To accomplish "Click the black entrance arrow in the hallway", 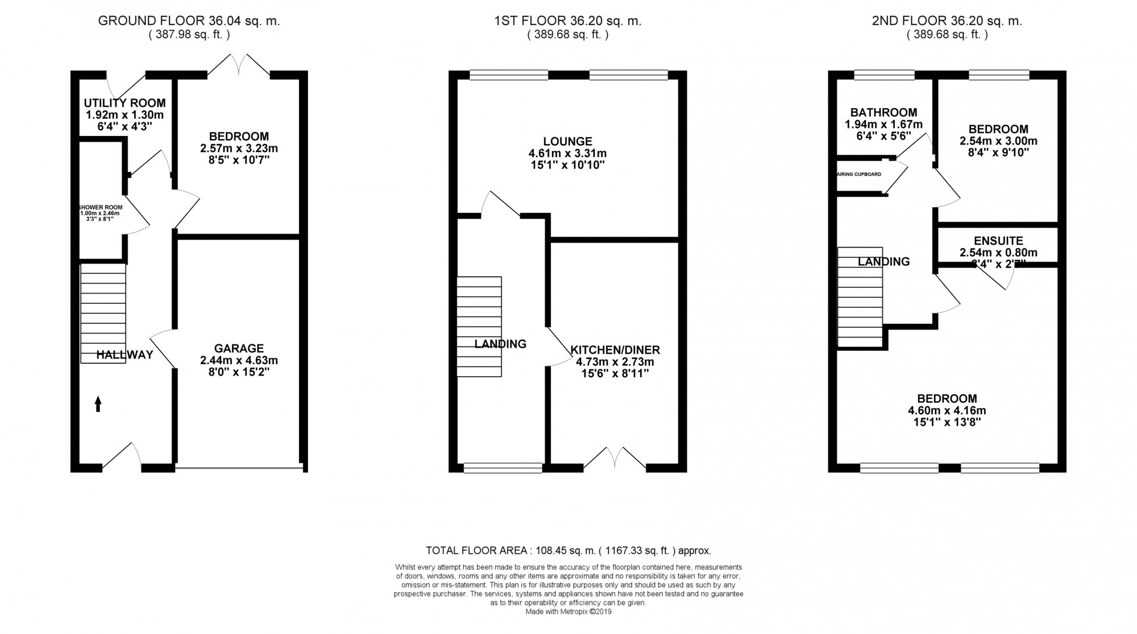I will (x=98, y=404).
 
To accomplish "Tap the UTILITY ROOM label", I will (x=125, y=103).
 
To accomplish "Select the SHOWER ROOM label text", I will (x=101, y=207).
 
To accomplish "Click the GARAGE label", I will (x=239, y=348).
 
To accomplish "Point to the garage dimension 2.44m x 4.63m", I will (x=239, y=360).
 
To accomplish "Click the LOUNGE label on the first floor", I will (x=567, y=141).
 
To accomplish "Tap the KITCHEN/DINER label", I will (x=615, y=349).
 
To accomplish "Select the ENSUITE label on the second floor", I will (x=998, y=241).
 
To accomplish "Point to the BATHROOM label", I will (x=883, y=112).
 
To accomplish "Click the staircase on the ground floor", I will (x=103, y=313).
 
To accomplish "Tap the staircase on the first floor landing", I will (x=479, y=326).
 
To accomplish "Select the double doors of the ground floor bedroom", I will (x=238, y=65).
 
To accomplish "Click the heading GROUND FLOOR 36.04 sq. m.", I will (x=189, y=21).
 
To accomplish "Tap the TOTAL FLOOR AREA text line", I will (x=568, y=550).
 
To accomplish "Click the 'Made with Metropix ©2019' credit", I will (x=568, y=612).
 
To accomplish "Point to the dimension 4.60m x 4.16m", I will (x=947, y=410).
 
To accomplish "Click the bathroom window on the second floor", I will (x=884, y=75).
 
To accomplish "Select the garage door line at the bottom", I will (x=239, y=469).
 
